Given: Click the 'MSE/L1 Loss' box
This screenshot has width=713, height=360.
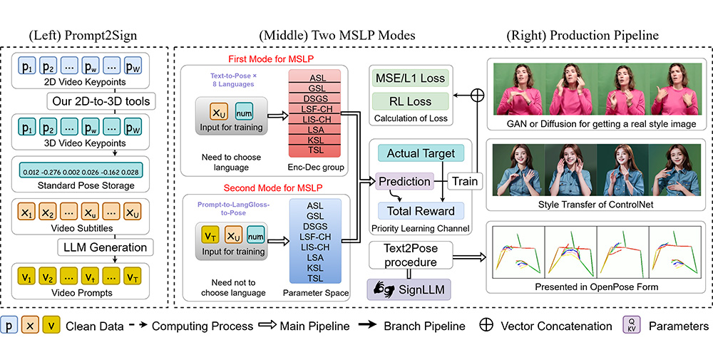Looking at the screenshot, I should coord(409,76).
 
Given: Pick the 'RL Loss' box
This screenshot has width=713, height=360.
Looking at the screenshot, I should coord(409,101).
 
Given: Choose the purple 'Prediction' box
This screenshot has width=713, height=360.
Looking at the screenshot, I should coord(404,181).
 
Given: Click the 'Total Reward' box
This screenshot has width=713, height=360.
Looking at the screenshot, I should coord(420,211).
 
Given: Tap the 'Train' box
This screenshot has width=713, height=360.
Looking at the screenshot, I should coord(465,181).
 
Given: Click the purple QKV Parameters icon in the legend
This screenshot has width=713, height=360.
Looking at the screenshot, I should coord(630,326).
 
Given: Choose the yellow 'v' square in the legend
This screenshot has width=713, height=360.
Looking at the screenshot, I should coord(52,326).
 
